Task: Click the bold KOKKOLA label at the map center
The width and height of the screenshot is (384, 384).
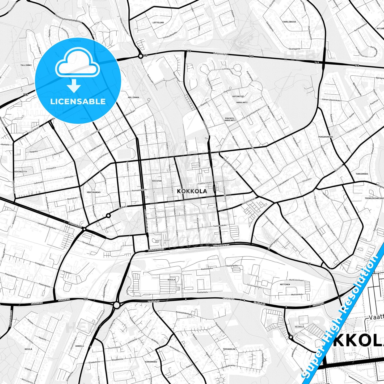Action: click(x=192, y=191)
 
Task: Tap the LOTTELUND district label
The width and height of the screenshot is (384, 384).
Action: click(x=158, y=23)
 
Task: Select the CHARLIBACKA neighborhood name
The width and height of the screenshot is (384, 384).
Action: click(x=289, y=22)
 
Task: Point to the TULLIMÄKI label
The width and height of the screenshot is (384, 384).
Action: click(x=26, y=65)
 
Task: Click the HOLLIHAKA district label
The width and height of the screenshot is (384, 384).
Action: click(x=133, y=98)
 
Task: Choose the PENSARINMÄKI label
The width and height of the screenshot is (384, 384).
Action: click(x=326, y=137)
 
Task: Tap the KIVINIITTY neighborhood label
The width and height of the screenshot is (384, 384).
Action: click(x=21, y=172)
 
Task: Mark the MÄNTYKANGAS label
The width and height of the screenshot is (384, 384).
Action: click(x=94, y=192)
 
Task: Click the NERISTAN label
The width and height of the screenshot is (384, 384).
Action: click(x=157, y=181)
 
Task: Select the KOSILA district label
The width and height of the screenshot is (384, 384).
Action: click(x=171, y=280)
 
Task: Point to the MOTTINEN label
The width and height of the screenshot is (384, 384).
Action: click(x=285, y=284)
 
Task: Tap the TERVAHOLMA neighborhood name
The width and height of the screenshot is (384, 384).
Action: click(x=229, y=349)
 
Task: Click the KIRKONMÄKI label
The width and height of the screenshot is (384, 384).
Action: click(x=151, y=362)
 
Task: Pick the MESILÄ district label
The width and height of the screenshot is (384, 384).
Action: click(x=28, y=349)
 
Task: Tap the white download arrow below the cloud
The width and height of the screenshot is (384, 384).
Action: click(x=74, y=86)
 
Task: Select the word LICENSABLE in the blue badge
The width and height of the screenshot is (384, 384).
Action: click(x=78, y=101)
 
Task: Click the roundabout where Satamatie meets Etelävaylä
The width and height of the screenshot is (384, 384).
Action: click(x=116, y=305)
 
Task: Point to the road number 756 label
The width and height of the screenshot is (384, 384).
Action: click(x=86, y=299)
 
